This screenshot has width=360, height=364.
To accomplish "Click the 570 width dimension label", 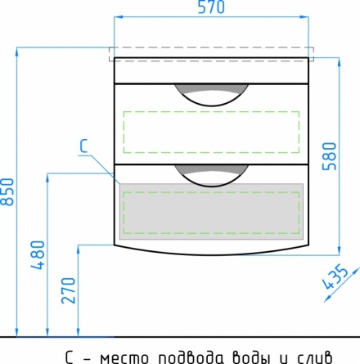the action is coord(211,7).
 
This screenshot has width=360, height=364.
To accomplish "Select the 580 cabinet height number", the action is coord(330,156).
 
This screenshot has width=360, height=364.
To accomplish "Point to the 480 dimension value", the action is coord(38,255).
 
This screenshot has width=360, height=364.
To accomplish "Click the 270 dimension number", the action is coord(68,290).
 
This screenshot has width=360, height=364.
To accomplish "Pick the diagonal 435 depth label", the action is coord(335,276).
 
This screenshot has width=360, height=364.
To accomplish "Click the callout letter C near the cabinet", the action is coord(83,146).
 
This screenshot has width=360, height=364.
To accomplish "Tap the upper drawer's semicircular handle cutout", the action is coord(211,95).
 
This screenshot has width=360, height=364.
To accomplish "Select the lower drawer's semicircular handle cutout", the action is coord(211,176).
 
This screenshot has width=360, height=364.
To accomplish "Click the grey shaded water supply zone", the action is coord(211,212).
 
